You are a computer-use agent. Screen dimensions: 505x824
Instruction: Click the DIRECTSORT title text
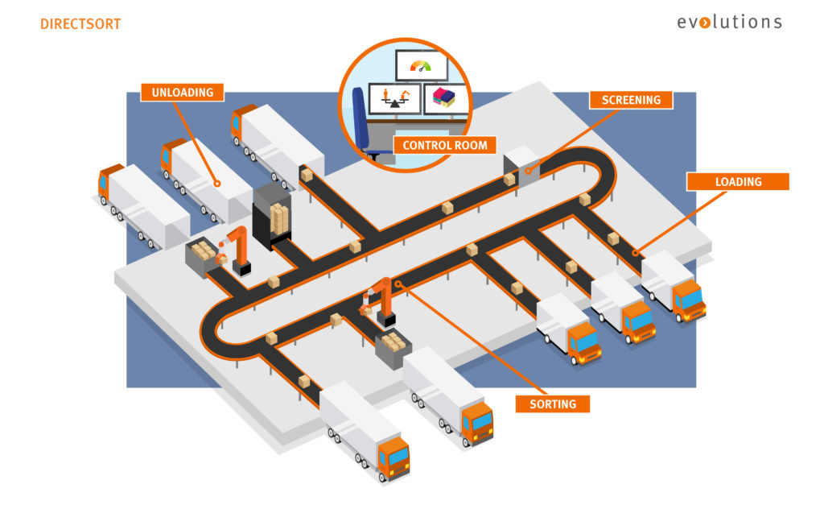coord(80,24)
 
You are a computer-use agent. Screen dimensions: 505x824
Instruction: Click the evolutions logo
coord(728,22)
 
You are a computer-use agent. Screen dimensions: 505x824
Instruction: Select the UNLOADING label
coord(182,93)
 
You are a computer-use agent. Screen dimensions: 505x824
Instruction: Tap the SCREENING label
coord(631,101)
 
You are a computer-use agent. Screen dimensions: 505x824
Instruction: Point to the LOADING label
coord(737,182)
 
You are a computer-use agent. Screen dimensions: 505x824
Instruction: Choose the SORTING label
coord(553,403)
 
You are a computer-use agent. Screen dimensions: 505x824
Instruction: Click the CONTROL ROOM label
coord(445,146)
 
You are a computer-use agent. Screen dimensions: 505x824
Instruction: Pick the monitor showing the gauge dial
coord(420,65)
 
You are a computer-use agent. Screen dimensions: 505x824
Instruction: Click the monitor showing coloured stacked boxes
coord(444,98)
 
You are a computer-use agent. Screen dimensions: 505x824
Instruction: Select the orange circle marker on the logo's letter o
coord(706,23)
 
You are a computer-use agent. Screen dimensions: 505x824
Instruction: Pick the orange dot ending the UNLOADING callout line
coord(218,184)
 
